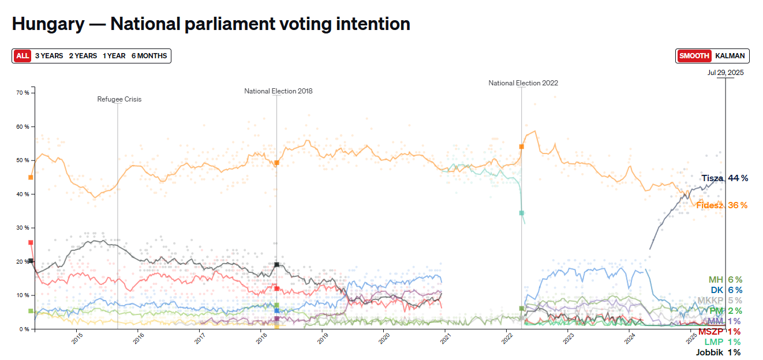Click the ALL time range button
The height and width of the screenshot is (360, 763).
pos(23,56)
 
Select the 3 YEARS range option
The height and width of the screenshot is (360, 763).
pos(49,56)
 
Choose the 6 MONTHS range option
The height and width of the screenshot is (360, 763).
pos(149,56)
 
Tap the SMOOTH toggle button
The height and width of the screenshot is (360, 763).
pos(694,56)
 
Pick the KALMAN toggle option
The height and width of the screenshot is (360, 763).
pos(730,56)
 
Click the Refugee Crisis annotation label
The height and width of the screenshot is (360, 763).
pos(119,99)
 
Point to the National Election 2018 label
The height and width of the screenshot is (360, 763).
pos(278,91)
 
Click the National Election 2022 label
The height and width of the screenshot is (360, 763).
pos(523,83)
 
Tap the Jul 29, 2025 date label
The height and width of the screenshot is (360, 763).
pos(725,73)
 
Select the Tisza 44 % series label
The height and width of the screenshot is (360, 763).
pos(724,178)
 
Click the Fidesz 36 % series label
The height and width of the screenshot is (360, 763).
pos(721,205)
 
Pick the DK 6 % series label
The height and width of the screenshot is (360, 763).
pos(727,290)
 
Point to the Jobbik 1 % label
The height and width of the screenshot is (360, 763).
pos(718,352)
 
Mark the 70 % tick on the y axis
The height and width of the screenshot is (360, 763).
pos(23,93)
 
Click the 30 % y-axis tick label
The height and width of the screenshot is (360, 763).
pos(23,228)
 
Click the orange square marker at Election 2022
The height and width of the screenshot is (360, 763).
pos(521,147)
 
